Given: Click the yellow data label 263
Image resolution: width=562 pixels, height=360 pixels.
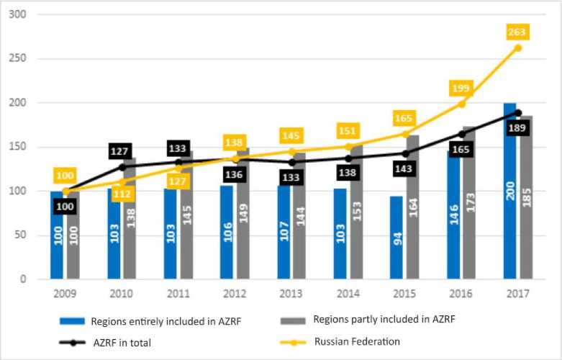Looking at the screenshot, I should (517, 32).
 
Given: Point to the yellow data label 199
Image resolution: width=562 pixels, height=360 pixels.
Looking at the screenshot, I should (461, 88).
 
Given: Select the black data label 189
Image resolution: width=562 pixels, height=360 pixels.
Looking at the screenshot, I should (517, 128).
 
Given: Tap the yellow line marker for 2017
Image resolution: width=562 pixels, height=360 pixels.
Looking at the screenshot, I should (517, 48).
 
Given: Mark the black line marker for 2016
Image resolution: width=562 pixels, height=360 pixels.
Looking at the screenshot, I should (461, 134).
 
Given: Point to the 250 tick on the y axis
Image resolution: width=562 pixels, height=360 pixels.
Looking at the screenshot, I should (14, 59).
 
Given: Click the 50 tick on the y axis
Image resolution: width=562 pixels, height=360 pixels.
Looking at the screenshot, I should (17, 235).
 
